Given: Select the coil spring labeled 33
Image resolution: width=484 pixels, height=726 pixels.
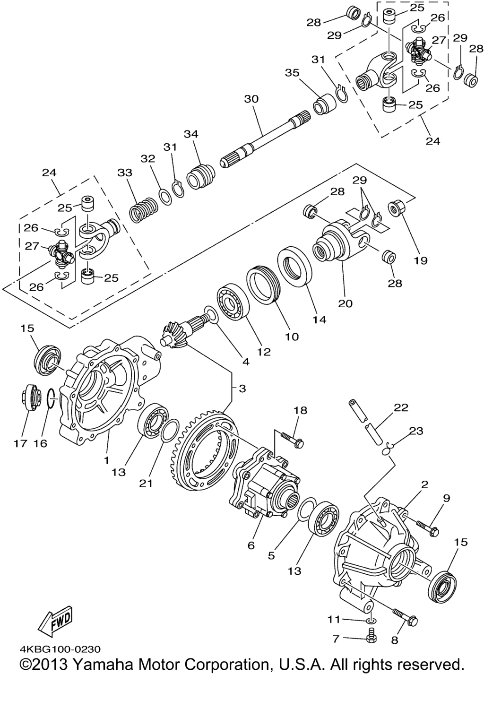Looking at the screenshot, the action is [144, 210].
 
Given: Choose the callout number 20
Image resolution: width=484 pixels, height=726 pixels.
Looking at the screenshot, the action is [345, 304].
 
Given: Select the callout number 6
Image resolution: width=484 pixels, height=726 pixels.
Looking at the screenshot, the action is [251, 545].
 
